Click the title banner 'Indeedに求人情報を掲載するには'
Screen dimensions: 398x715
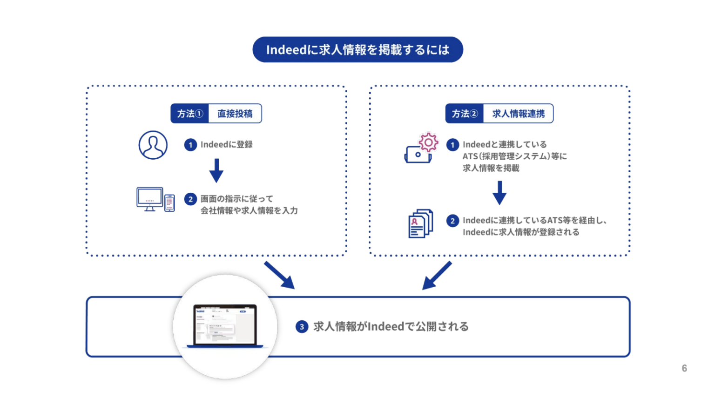(357, 50)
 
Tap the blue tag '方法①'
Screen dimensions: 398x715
(189, 114)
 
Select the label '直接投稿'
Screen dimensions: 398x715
(235, 114)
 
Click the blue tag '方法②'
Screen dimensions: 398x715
(464, 114)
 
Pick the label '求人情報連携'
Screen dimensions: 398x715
(518, 114)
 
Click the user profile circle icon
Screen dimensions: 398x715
(153, 145)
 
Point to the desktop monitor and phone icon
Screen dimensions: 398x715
(155, 200)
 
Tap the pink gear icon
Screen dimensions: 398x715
(428, 142)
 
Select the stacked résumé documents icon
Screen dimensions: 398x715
(420, 224)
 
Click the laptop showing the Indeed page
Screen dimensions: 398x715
(225, 326)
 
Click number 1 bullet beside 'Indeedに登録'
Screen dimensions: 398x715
(190, 145)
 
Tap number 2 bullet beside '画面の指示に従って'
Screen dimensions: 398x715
(190, 199)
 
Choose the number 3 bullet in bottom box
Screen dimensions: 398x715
(302, 327)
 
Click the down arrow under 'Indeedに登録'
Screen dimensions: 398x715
(216, 170)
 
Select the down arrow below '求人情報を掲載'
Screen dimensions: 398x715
(499, 193)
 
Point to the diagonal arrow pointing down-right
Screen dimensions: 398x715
(279, 275)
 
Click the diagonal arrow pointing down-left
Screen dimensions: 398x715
(437, 275)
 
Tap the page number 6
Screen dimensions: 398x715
(684, 368)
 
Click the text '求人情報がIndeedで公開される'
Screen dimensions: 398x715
(391, 327)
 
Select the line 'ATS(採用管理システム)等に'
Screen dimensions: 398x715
(514, 156)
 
